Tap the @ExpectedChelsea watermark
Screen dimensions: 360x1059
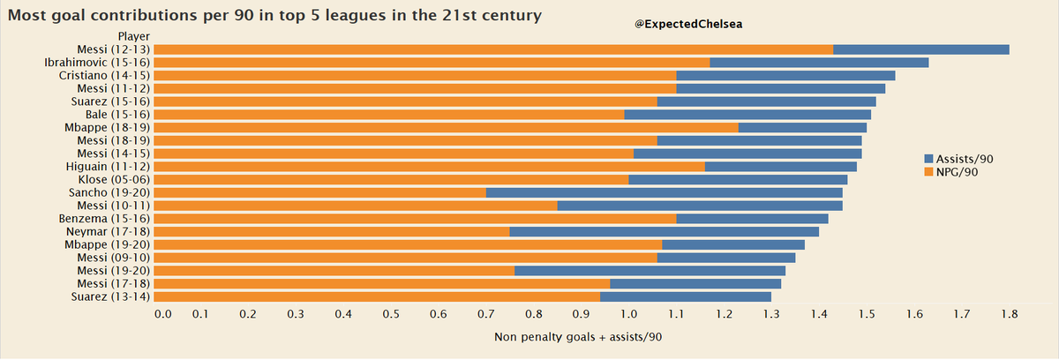coord(688,25)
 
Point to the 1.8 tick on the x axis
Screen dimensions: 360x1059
coord(1009,313)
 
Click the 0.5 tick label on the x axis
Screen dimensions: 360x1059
coord(391,313)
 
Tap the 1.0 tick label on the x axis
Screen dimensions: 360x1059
coord(628,313)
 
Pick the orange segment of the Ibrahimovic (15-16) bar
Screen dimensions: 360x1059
coord(432,63)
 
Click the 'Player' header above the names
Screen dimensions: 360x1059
coord(134,36)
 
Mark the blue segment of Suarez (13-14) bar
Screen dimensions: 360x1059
coord(685,296)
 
